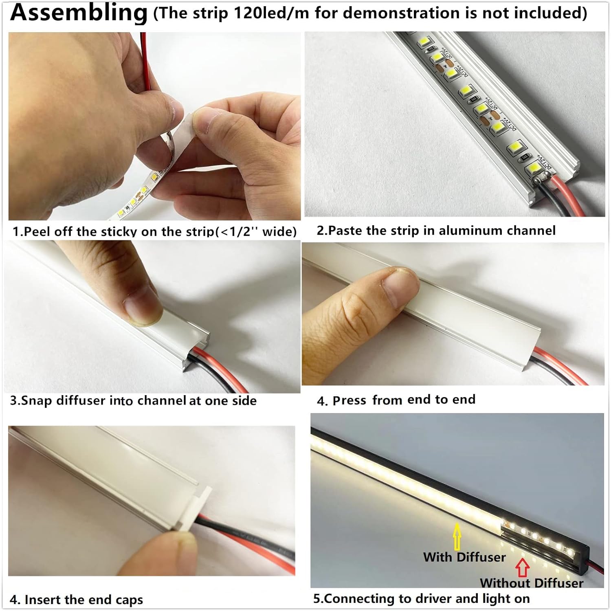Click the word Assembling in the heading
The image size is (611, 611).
(79, 12)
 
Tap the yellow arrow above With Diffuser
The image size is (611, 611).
(457, 537)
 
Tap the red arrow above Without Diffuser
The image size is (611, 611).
(523, 568)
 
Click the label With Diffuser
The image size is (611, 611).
(464, 557)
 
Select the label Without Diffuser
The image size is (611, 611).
(531, 583)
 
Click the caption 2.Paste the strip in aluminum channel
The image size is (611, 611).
(436, 231)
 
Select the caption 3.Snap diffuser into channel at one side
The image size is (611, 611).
(133, 400)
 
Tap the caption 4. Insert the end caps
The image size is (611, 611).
(76, 600)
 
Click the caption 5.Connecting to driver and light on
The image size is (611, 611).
(421, 598)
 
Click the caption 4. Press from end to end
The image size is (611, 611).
(396, 400)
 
